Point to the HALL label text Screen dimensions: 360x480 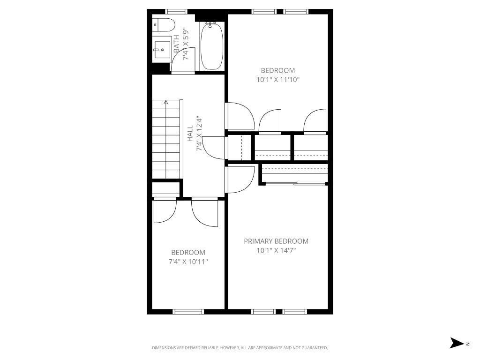190,134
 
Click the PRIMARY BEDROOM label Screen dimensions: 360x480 276,241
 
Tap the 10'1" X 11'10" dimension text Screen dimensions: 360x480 277,80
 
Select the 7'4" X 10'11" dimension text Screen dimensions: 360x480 188,262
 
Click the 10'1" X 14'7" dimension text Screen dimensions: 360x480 276,250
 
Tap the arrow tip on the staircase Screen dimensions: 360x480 166,102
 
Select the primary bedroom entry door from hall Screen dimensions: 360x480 240,180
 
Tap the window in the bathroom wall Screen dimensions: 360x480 177,11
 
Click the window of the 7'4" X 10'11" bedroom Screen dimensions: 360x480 188,311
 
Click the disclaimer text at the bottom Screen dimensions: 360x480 240,348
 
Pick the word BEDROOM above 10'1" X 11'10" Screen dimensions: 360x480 278,71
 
